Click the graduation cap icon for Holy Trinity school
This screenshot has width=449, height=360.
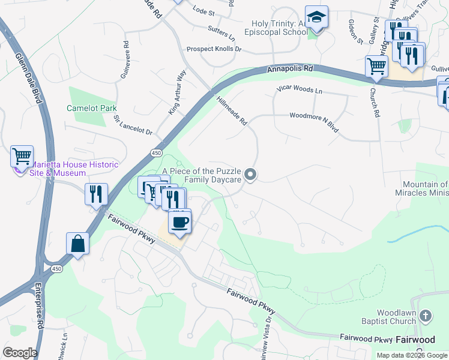pos(316,18)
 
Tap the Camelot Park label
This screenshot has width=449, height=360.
pos(91,108)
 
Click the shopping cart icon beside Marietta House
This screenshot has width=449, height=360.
pos(22,157)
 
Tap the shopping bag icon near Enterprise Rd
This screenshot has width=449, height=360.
pos(78,244)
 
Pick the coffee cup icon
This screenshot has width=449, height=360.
pos(179,222)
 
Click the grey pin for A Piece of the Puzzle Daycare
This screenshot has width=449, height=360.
pos(252,175)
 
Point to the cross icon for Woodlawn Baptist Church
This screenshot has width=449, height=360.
pos(426,315)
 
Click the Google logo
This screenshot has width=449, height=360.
pos(20,353)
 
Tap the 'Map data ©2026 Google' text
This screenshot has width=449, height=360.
pos(412,355)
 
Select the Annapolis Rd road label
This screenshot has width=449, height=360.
pos(290,70)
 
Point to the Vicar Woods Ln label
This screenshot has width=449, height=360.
pos(299,90)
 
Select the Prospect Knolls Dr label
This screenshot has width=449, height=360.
pos(214,49)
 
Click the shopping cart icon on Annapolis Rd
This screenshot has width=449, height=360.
pos(376,66)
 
